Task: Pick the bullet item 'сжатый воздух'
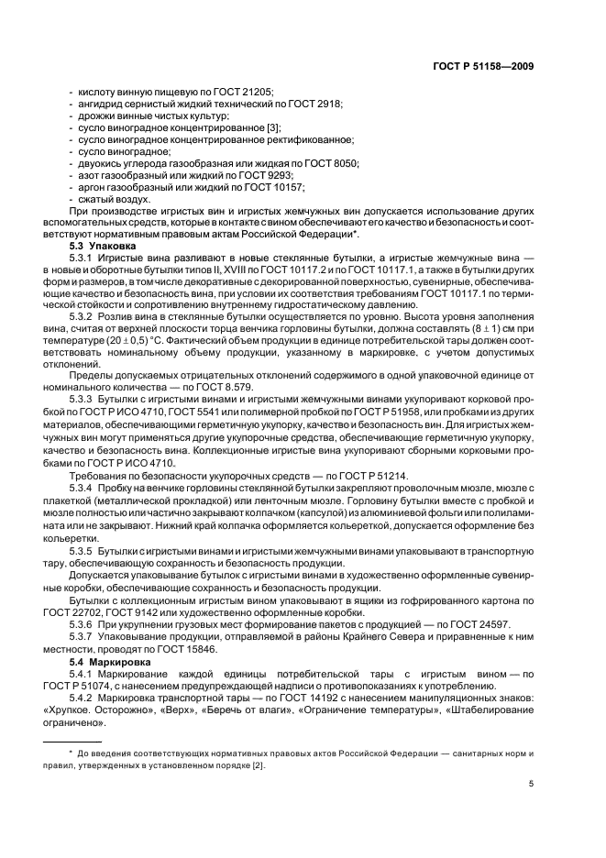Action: pos(108,199)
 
